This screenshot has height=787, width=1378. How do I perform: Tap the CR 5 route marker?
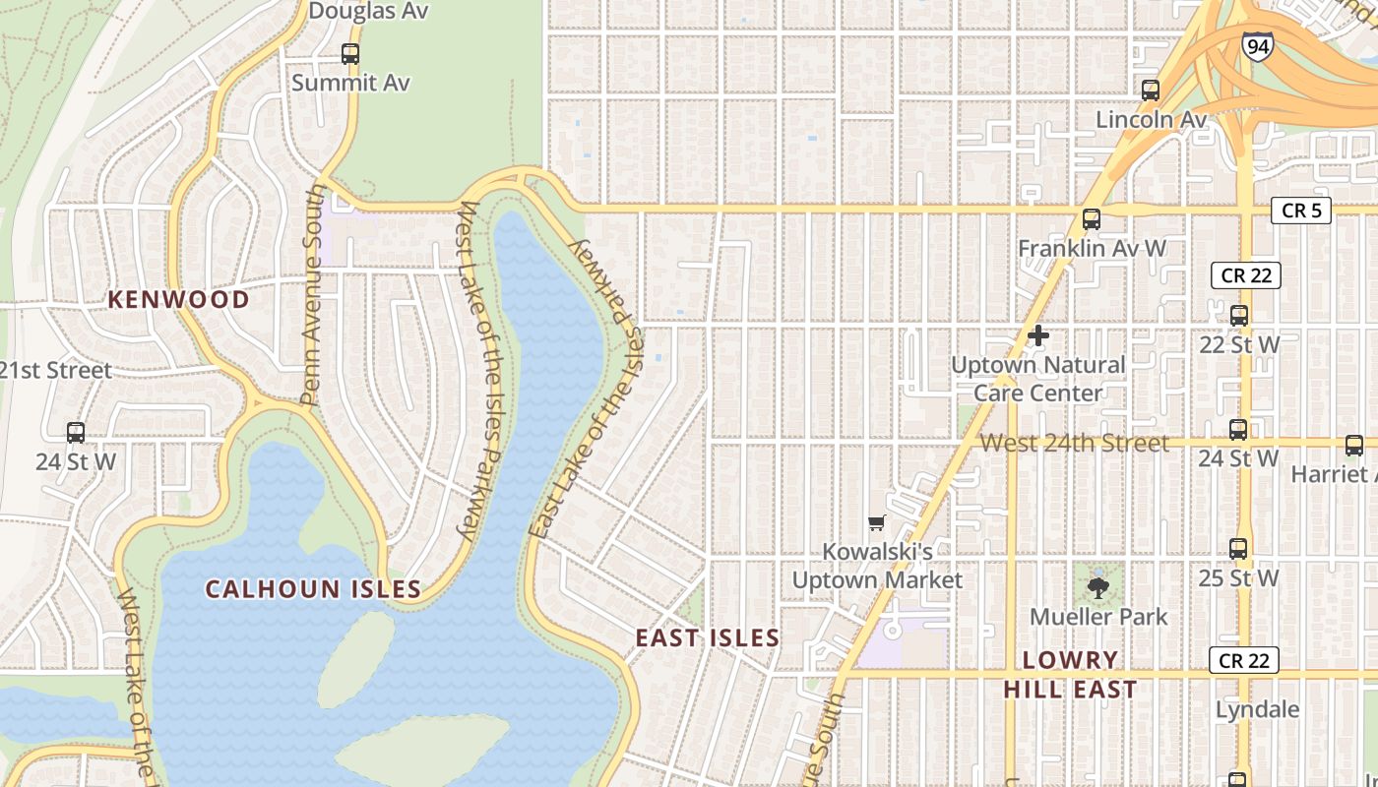(x=1300, y=211)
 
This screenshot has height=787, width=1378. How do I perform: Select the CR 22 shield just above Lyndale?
(x=1244, y=660)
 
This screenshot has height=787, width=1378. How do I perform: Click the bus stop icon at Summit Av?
(x=350, y=54)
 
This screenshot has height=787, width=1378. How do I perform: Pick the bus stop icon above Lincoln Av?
(x=1150, y=91)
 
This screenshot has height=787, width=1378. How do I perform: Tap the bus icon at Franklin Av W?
(x=1091, y=219)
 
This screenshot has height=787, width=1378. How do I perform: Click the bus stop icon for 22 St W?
(x=1238, y=316)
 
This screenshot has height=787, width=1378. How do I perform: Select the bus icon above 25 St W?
(x=1238, y=549)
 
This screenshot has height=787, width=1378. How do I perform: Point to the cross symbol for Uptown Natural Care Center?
(x=1037, y=335)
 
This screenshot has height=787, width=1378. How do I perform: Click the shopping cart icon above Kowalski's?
(x=876, y=522)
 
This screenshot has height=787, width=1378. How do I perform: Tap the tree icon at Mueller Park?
(x=1097, y=588)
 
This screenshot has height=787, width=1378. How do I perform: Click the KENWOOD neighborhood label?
(x=178, y=300)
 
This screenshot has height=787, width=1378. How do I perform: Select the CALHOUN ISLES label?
(x=313, y=589)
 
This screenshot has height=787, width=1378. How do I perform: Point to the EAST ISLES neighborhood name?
(x=707, y=638)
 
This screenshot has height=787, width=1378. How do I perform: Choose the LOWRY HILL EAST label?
(x=1070, y=674)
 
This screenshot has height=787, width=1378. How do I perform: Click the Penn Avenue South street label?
(x=312, y=295)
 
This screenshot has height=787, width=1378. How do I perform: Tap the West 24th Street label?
(x=1075, y=443)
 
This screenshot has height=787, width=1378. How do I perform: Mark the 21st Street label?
(x=56, y=371)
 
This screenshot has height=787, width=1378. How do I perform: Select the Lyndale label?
(x=1257, y=709)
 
